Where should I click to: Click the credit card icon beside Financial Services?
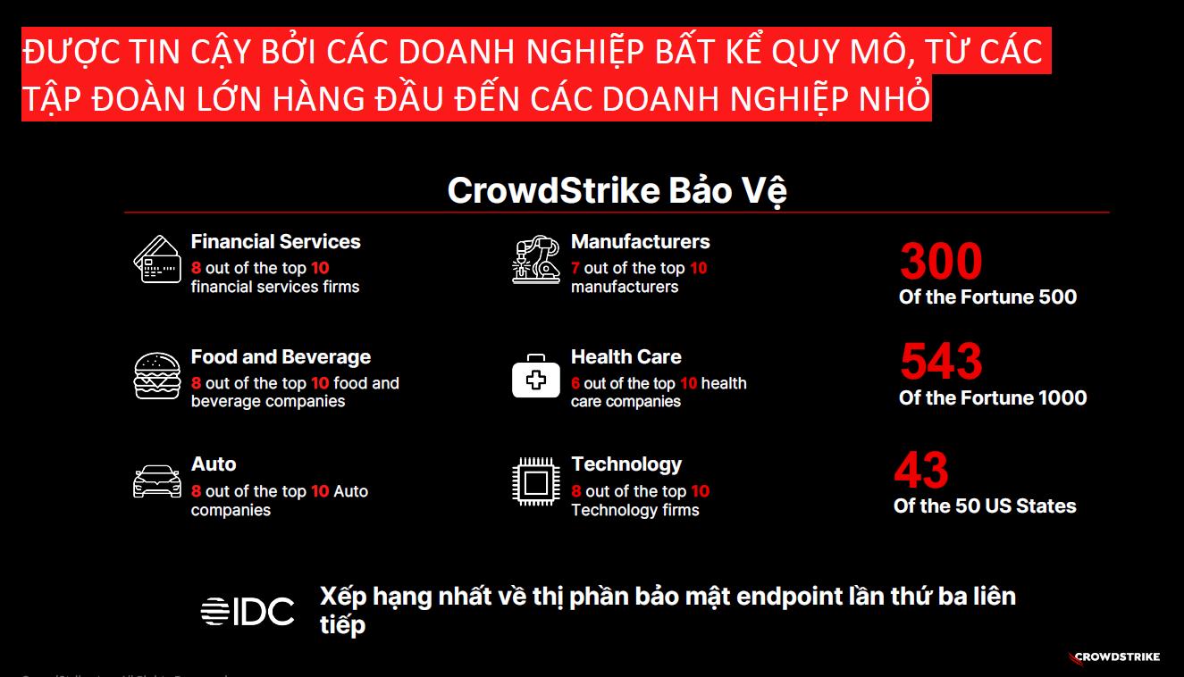pyautogui.click(x=157, y=259)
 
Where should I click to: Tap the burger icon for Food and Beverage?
pyautogui.click(x=157, y=375)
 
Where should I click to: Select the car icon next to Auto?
pyautogui.click(x=157, y=481)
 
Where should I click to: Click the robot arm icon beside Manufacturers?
pyautogui.click(x=536, y=259)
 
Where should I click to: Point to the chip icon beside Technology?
pyautogui.click(x=536, y=483)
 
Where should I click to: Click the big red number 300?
pyautogui.click(x=941, y=262)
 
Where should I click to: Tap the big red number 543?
pyautogui.click(x=941, y=362)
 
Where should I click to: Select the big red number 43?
pyautogui.click(x=921, y=470)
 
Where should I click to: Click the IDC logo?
pyautogui.click(x=248, y=612)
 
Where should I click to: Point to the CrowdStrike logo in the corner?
pyautogui.click(x=1114, y=657)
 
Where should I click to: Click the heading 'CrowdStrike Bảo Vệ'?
pyautogui.click(x=617, y=191)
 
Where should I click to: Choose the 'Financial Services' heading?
pyautogui.click(x=275, y=242)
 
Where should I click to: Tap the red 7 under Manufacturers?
pyautogui.click(x=575, y=268)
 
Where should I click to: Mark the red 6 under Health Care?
pyautogui.click(x=575, y=383)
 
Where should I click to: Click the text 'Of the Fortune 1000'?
pyautogui.click(x=993, y=398)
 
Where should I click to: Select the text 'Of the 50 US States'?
pyautogui.click(x=985, y=506)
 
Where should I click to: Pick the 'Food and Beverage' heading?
pyautogui.click(x=281, y=357)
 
